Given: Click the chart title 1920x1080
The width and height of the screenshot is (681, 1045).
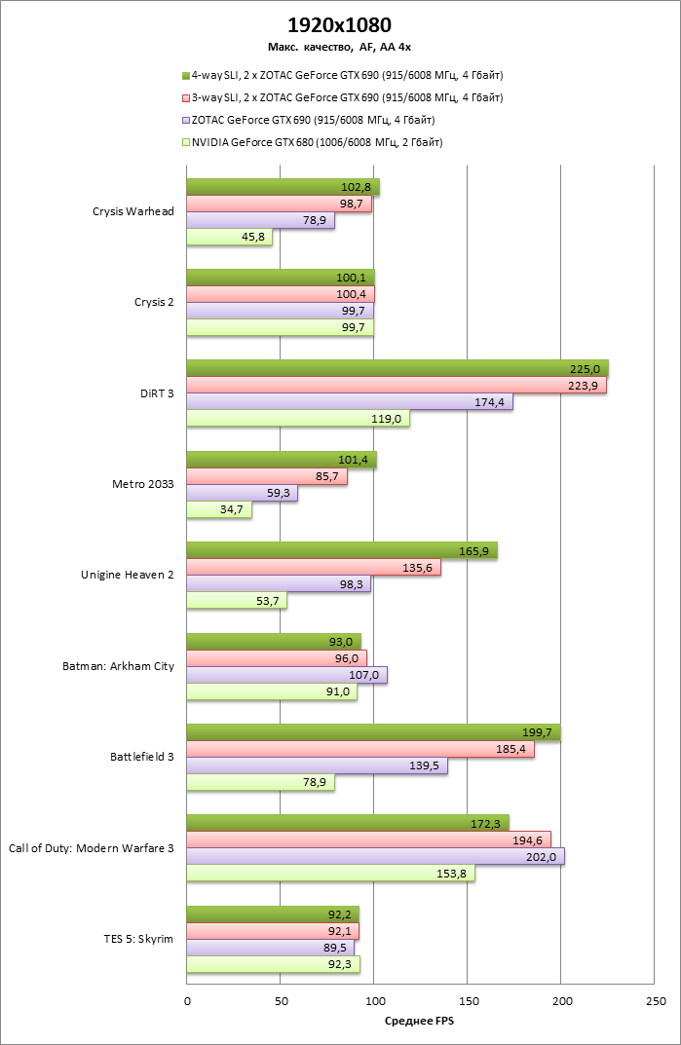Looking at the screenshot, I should [340, 24].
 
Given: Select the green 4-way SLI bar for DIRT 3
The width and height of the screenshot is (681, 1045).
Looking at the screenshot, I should [397, 367].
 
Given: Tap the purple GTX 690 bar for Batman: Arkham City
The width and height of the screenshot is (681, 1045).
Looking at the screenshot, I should [286, 675].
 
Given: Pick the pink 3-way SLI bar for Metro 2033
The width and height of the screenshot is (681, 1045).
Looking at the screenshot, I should [267, 477].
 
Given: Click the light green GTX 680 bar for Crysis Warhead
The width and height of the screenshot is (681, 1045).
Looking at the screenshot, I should [229, 238].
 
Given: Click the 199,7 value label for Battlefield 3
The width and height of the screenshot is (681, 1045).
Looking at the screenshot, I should [538, 732].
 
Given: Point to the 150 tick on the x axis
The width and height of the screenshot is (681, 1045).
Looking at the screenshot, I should [468, 1000].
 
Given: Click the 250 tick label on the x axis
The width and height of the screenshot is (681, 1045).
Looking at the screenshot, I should [655, 1000].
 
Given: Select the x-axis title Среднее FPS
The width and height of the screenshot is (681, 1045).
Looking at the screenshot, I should [421, 1021].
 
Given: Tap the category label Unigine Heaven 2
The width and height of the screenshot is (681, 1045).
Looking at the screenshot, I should [127, 575].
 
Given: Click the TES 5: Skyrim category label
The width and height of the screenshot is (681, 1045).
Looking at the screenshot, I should [137, 939].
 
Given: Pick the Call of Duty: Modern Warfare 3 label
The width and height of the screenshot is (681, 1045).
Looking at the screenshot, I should [91, 848].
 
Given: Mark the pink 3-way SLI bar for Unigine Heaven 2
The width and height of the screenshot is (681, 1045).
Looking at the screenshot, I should [313, 568].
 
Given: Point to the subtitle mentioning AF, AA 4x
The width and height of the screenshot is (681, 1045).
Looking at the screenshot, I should [340, 46].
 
